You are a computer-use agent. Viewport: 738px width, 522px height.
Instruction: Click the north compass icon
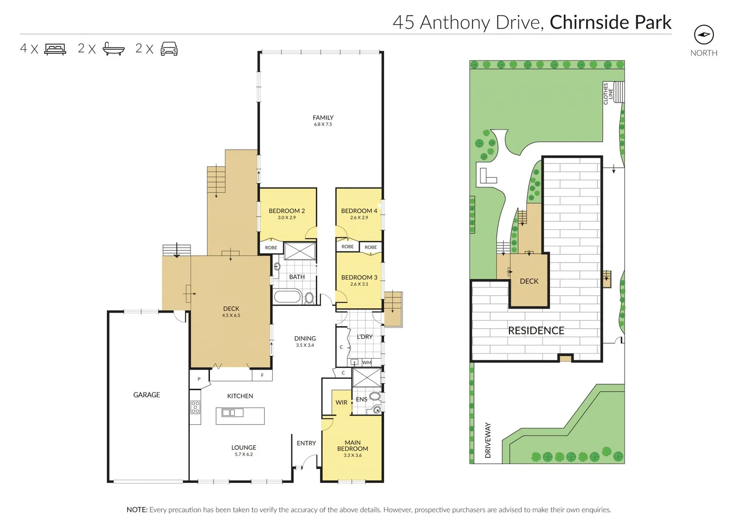click(x=704, y=34)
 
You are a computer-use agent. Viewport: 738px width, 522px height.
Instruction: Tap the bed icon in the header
click(x=55, y=49)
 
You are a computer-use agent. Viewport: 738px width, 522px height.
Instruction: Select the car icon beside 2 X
click(x=169, y=49)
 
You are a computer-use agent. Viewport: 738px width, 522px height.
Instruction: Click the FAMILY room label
click(x=323, y=117)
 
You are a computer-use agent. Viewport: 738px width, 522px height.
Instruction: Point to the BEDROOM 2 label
click(x=287, y=211)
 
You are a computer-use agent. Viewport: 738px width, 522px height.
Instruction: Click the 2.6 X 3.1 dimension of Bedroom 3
click(x=359, y=284)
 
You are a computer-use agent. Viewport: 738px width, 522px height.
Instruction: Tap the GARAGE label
click(x=146, y=395)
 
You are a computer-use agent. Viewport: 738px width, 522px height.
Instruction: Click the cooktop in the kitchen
click(x=195, y=407)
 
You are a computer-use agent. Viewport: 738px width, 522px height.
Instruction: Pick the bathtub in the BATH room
click(x=288, y=296)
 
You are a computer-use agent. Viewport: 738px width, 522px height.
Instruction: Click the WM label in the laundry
click(x=367, y=362)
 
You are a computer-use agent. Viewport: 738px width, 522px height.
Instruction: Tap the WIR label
click(x=341, y=403)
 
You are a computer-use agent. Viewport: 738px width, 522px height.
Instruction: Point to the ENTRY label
click(x=306, y=443)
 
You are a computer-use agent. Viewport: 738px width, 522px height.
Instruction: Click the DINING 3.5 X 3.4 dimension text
click(x=305, y=345)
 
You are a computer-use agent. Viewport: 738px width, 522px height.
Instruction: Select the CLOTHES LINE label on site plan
click(x=608, y=93)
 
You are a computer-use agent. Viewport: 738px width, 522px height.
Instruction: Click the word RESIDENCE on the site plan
click(x=536, y=331)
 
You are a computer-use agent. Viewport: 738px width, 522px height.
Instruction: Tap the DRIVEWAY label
click(x=488, y=440)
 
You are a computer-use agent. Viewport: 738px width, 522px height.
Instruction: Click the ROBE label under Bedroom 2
click(x=271, y=247)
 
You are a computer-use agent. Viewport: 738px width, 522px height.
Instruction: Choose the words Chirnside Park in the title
click(x=610, y=22)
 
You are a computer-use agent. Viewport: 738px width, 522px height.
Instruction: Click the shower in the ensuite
click(x=367, y=377)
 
